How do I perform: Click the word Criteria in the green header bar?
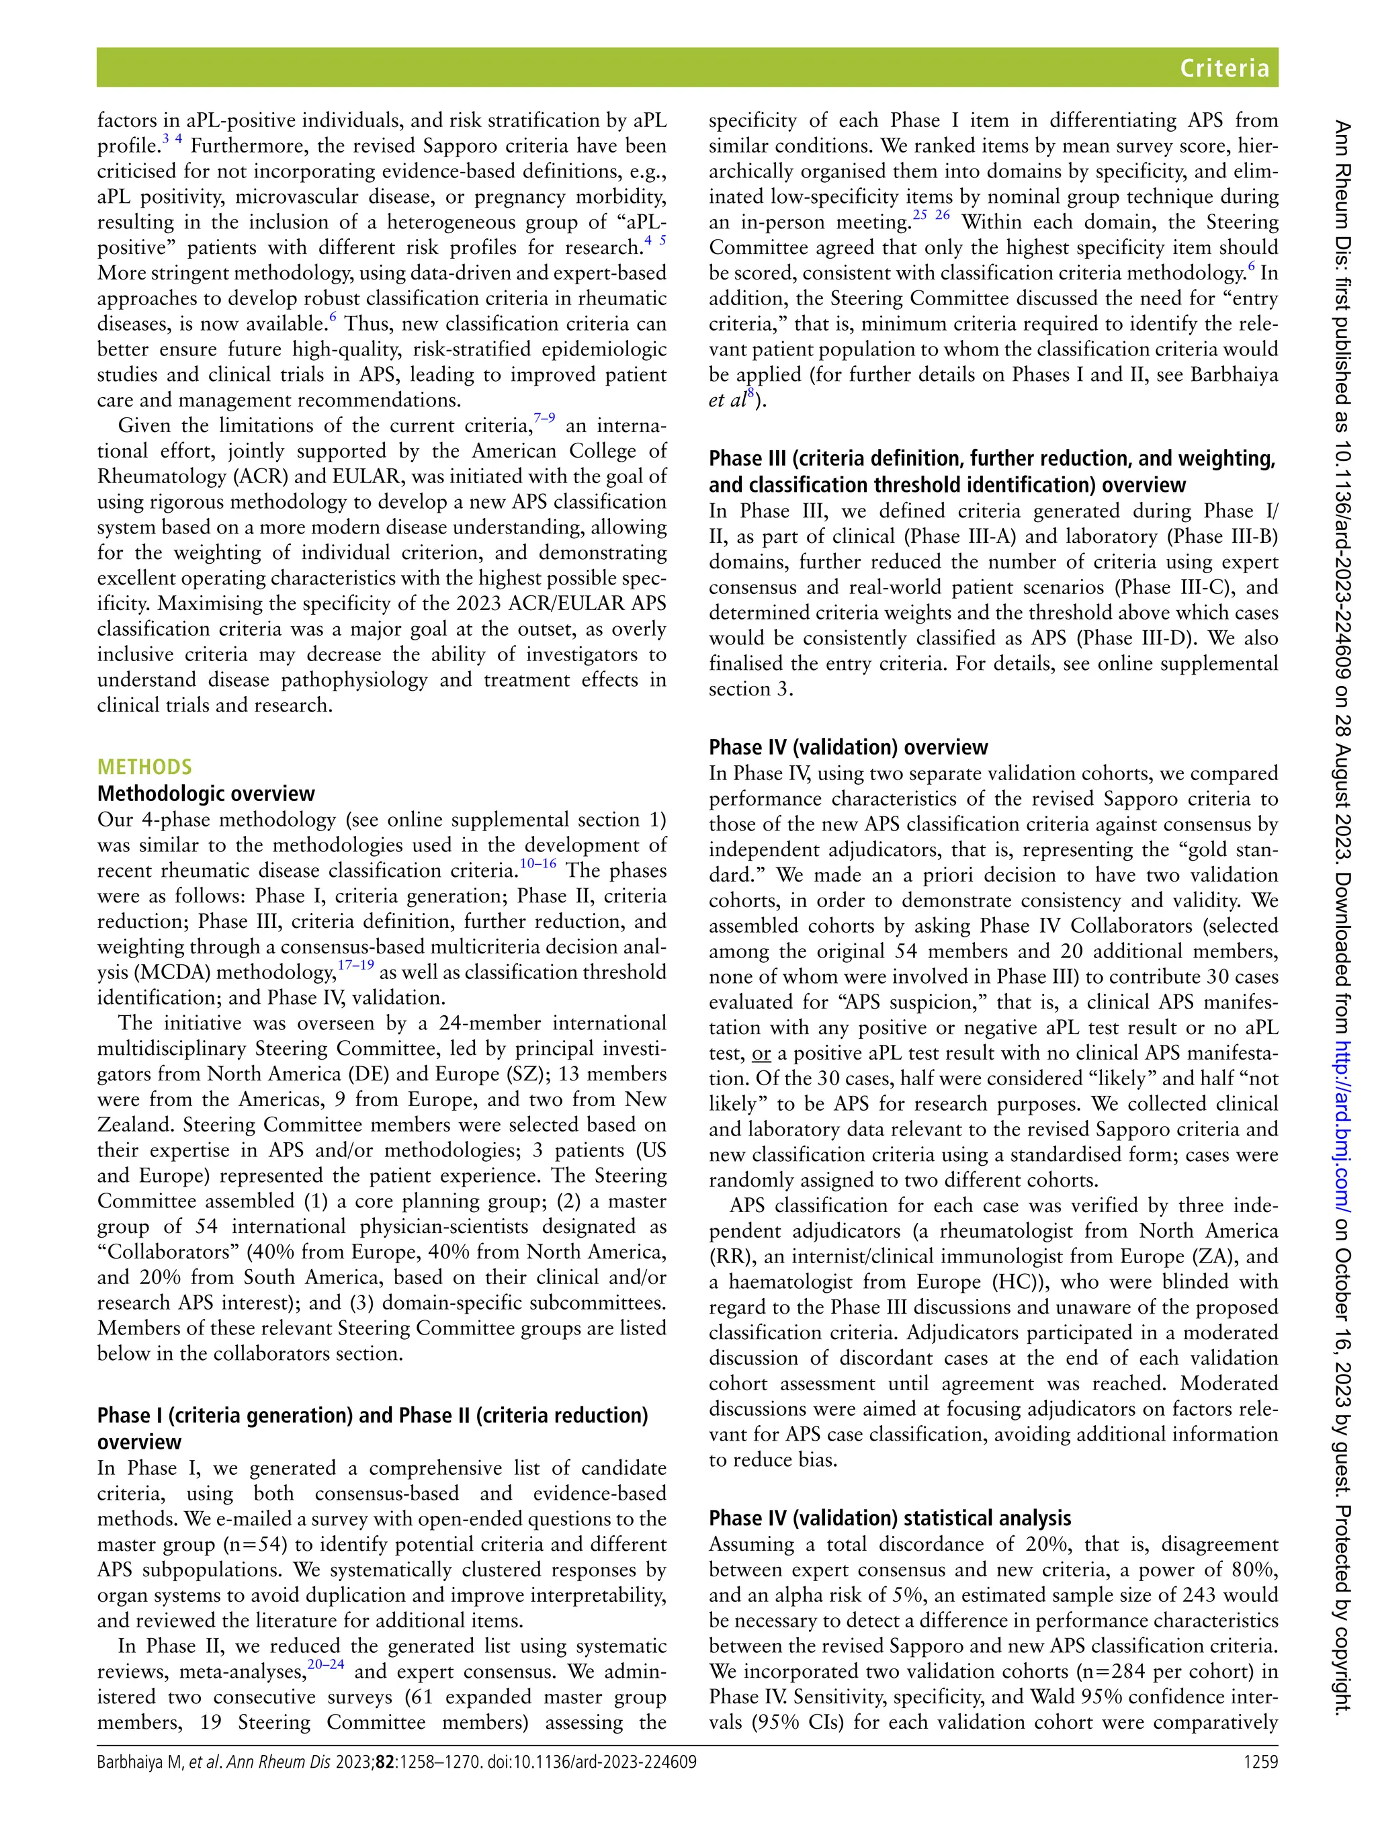[x=1225, y=68]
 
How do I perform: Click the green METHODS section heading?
[x=144, y=767]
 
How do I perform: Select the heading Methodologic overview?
[x=206, y=793]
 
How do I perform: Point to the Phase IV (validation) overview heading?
[x=848, y=746]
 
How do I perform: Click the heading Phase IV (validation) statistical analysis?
[x=889, y=1518]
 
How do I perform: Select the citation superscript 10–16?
[x=537, y=864]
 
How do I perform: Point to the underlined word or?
[x=760, y=1054]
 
